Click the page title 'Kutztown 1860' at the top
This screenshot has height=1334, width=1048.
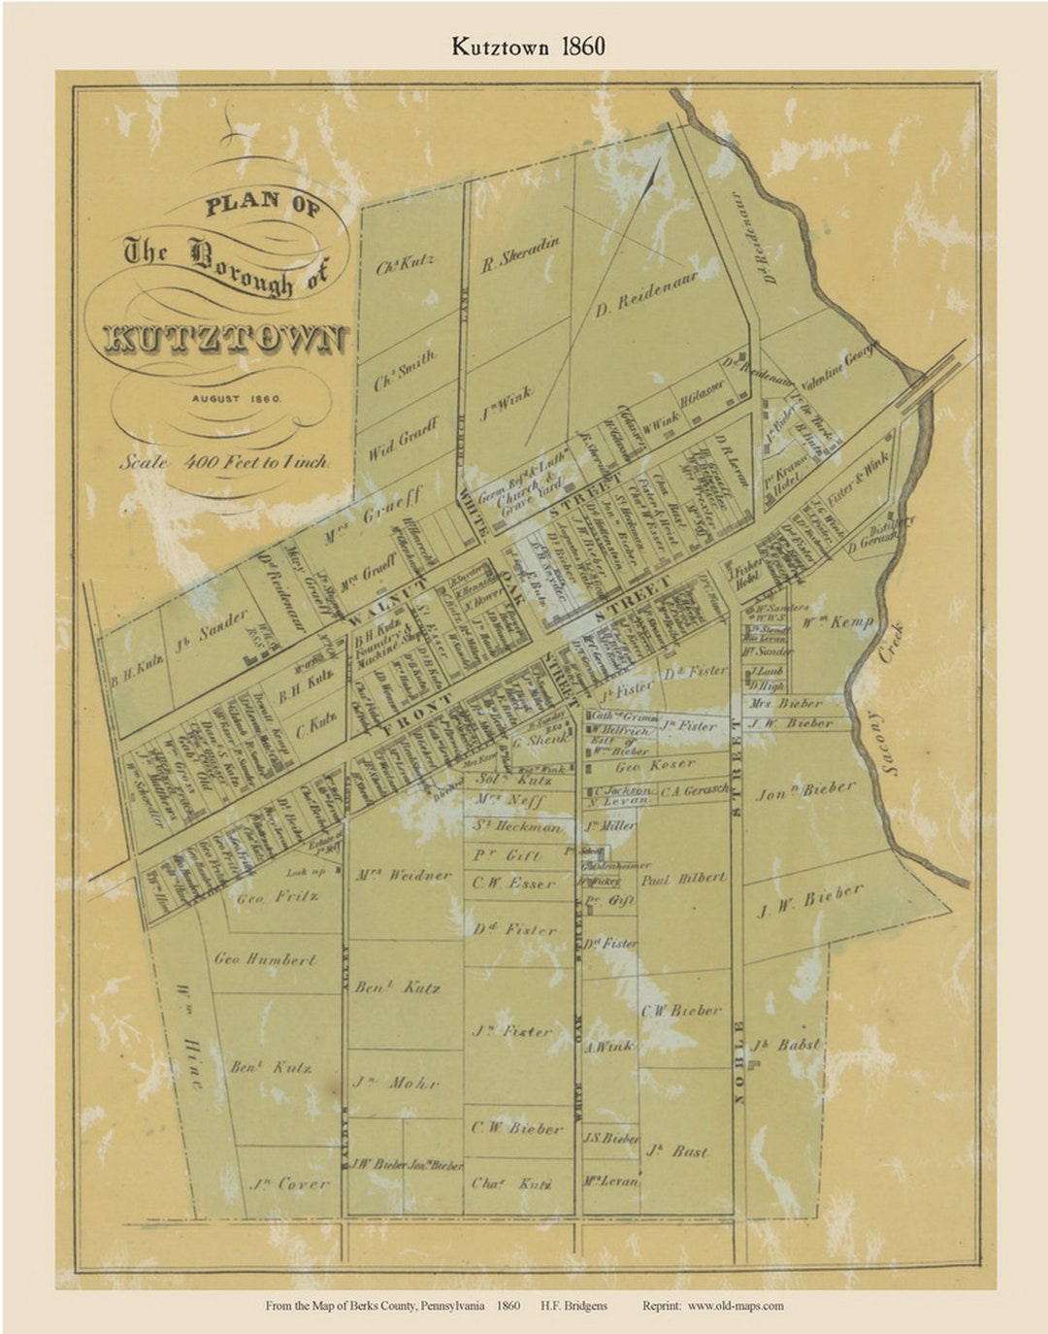[x=527, y=47]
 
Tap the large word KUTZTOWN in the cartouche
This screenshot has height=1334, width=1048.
[x=224, y=337]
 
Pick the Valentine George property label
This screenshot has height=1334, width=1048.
[x=839, y=367]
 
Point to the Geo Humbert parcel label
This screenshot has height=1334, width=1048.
[x=265, y=959]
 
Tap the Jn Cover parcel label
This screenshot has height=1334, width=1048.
[x=289, y=1184]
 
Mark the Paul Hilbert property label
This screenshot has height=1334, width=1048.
[x=682, y=878]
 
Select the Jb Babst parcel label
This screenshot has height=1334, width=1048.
[x=785, y=1046]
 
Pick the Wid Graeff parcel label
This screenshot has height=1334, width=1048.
[x=403, y=439]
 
